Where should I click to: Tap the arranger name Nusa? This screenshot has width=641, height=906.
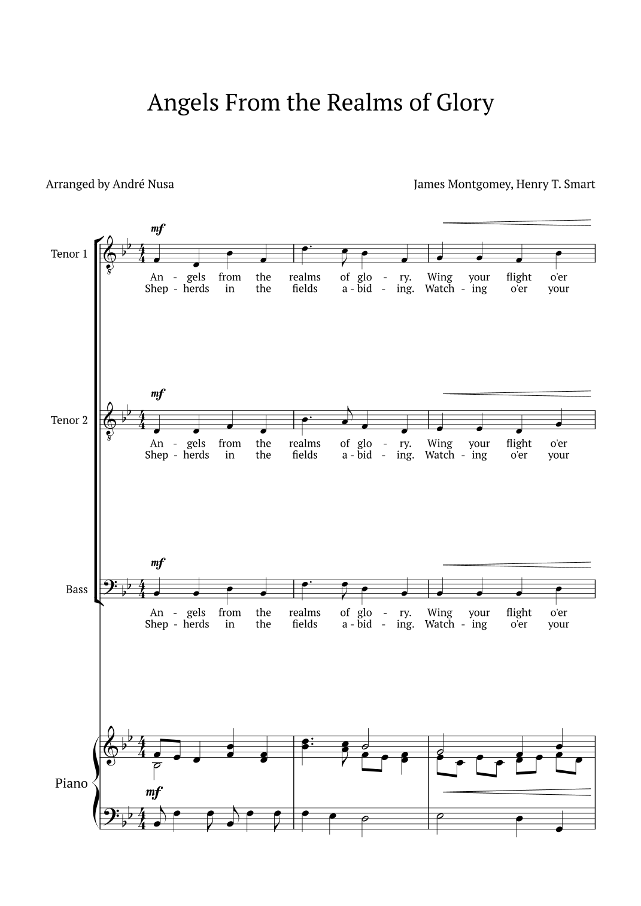coord(160,184)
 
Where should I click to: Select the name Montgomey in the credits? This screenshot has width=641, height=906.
coord(479,184)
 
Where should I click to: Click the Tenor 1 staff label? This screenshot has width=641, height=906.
coord(69,254)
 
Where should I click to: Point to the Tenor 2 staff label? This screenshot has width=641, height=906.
coord(69,420)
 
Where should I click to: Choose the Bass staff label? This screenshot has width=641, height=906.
coord(77,590)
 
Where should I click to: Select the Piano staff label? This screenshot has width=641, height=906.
coord(71,783)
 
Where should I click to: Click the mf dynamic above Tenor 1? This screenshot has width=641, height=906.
coord(158,228)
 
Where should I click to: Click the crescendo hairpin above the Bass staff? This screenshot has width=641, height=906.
coord(516,565)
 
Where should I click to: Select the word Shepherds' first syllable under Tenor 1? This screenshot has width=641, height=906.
coord(157,289)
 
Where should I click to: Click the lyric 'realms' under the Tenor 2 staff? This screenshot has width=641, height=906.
coord(305,444)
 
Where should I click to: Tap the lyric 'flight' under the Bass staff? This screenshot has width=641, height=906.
coord(518,613)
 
